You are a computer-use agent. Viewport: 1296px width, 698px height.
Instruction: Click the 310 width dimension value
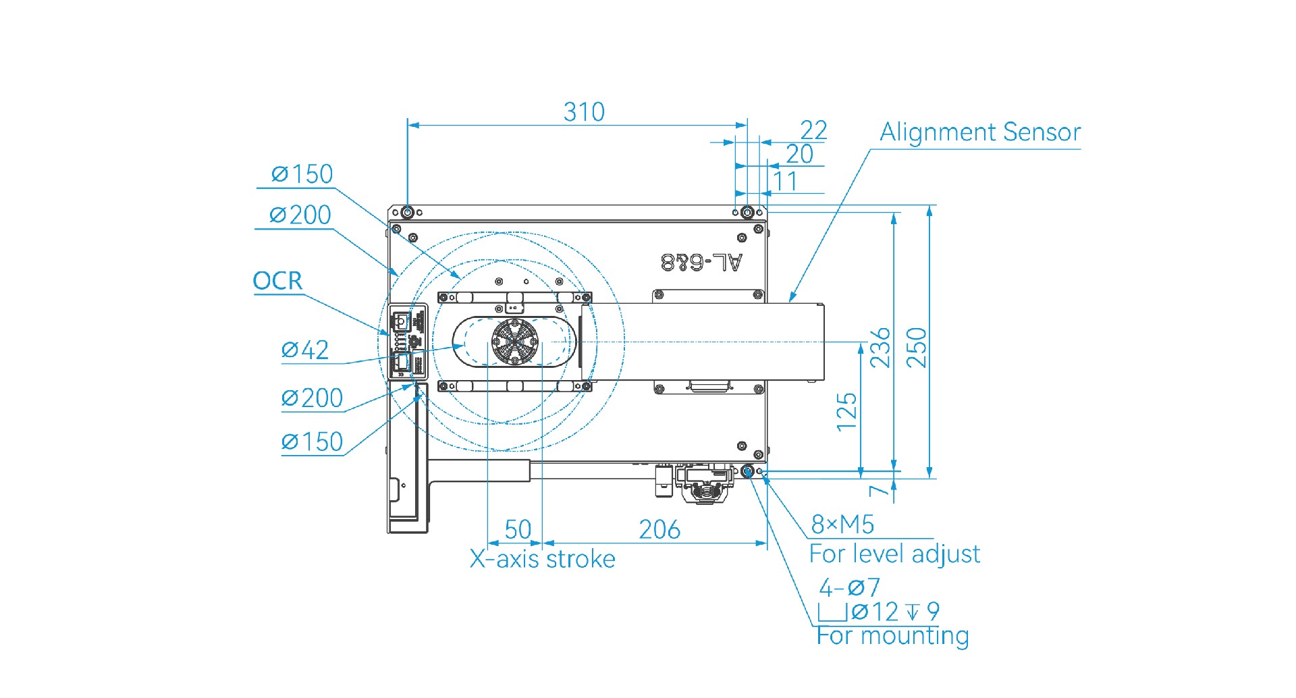(584, 112)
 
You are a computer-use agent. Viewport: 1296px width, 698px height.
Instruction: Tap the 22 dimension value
(813, 130)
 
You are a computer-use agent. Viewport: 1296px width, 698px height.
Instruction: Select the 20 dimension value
(800, 155)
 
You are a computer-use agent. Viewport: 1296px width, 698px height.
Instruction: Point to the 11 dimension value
(785, 182)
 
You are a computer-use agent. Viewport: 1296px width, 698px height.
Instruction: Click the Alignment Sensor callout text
(980, 132)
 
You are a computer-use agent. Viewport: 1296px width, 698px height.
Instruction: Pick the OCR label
(277, 281)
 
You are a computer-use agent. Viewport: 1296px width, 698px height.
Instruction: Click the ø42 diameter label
(305, 350)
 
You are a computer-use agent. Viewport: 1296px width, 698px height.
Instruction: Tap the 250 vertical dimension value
(917, 347)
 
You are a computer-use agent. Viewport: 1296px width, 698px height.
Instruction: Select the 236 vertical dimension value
(881, 347)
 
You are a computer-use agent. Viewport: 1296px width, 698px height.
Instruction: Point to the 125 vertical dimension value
(846, 412)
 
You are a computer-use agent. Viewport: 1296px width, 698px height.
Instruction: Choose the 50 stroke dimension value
(518, 529)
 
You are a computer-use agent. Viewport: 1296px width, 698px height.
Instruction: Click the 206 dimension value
(659, 529)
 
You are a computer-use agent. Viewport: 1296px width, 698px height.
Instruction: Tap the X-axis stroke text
(543, 559)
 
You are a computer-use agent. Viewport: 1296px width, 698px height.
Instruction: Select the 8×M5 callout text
(842, 524)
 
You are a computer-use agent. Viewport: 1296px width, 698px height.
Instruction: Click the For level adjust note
(894, 554)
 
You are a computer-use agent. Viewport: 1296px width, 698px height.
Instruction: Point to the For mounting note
(892, 636)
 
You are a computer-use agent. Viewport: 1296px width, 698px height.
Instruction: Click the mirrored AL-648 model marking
(702, 262)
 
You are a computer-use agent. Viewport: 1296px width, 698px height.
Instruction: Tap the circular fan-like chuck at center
(515, 341)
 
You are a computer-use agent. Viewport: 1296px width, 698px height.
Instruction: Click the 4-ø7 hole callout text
(849, 587)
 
